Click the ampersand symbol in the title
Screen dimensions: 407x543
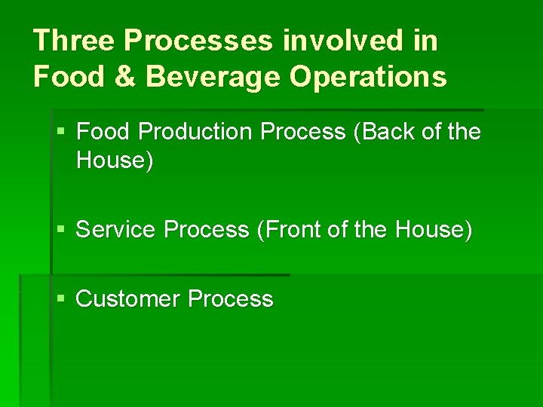coord(129,77)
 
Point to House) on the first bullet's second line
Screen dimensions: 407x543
coord(114,161)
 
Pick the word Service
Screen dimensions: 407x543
coord(117,229)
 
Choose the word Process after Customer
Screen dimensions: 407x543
coord(230,299)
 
